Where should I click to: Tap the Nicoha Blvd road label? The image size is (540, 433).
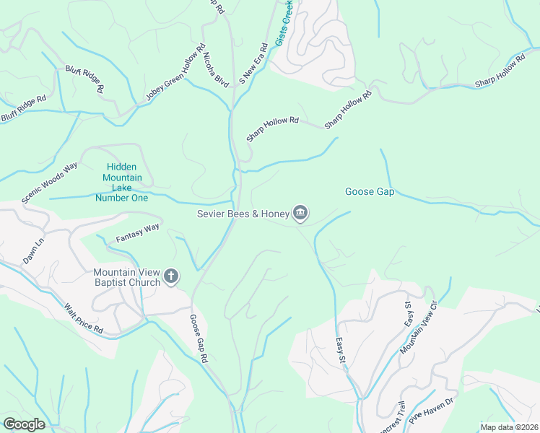[215, 69]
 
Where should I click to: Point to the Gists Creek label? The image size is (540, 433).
[284, 24]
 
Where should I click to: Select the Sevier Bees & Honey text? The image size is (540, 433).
[242, 213]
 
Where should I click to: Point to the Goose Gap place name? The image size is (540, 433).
[369, 191]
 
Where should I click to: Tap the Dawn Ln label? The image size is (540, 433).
[33, 251]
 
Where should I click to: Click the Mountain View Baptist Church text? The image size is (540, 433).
[126, 277]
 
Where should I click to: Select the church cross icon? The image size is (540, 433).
[171, 276]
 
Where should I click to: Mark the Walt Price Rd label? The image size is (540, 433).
[84, 318]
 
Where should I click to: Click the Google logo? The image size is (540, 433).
[23, 424]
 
